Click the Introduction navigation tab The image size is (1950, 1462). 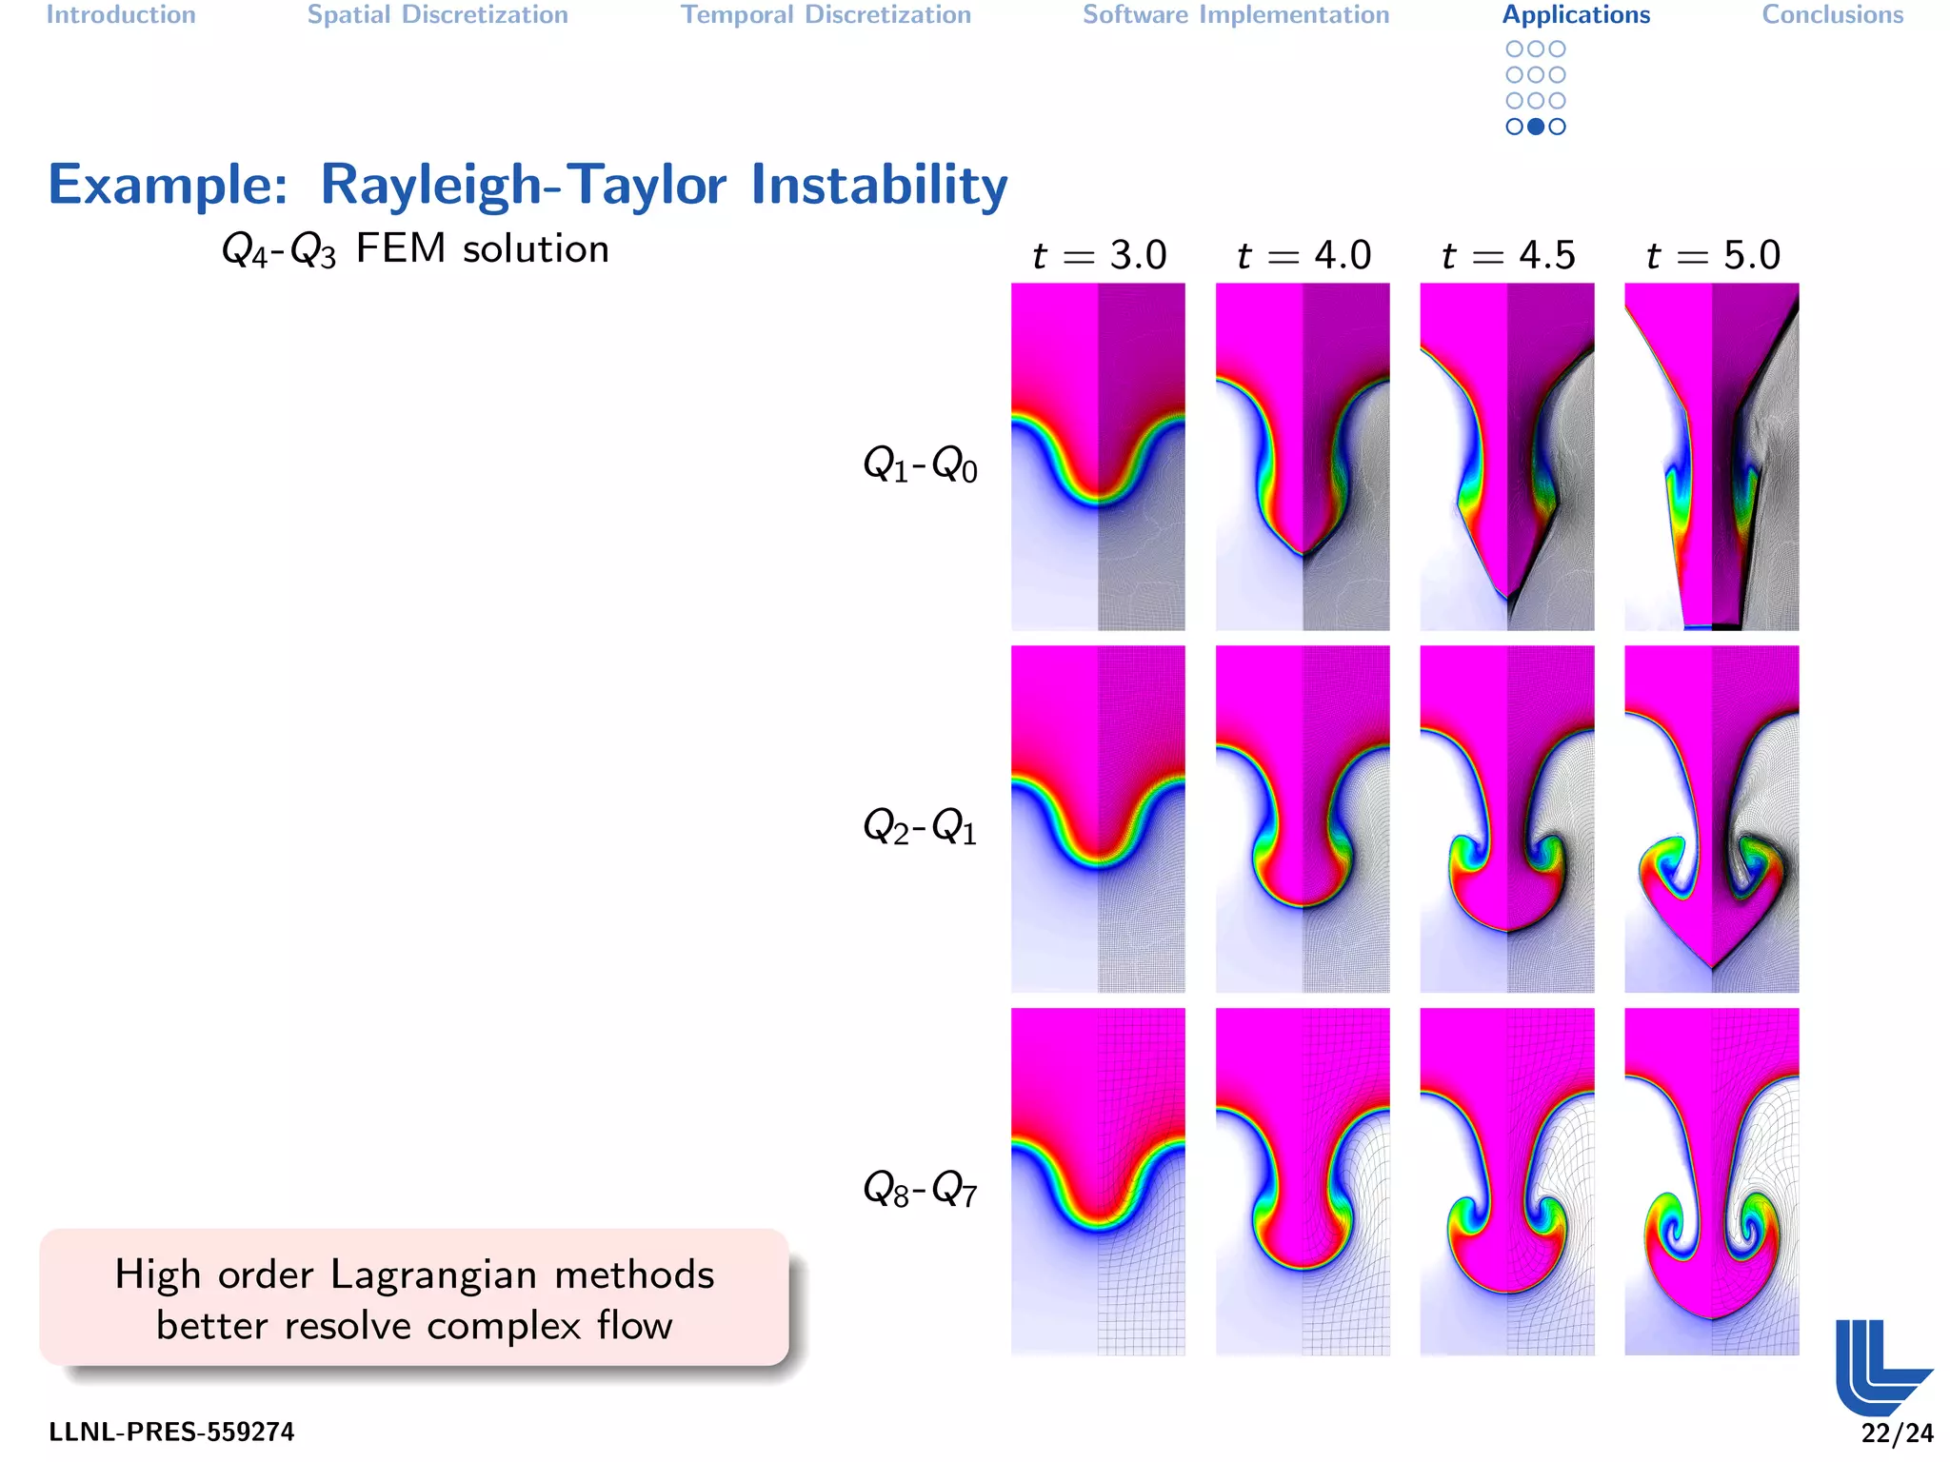coord(121,15)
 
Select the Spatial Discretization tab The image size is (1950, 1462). coord(437,15)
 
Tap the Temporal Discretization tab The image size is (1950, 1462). coord(826,15)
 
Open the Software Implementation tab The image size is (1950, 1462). coord(1236,15)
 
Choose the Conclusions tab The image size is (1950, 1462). coord(1832,15)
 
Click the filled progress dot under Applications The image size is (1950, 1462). coord(1536,127)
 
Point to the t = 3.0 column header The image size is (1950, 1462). coord(1099,255)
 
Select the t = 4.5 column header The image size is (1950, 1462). coord(1507,255)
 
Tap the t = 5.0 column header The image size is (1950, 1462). coord(1712,255)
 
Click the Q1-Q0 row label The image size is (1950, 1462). coord(919,464)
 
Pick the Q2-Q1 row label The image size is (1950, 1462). coord(919,826)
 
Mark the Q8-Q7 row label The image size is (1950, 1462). coord(919,1188)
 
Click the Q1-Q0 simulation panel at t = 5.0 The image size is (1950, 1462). coord(1711,457)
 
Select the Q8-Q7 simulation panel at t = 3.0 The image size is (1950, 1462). coord(1098,1181)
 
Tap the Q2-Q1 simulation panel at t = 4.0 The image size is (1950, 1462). coord(1303,819)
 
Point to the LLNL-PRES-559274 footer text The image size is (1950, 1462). coord(171,1432)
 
